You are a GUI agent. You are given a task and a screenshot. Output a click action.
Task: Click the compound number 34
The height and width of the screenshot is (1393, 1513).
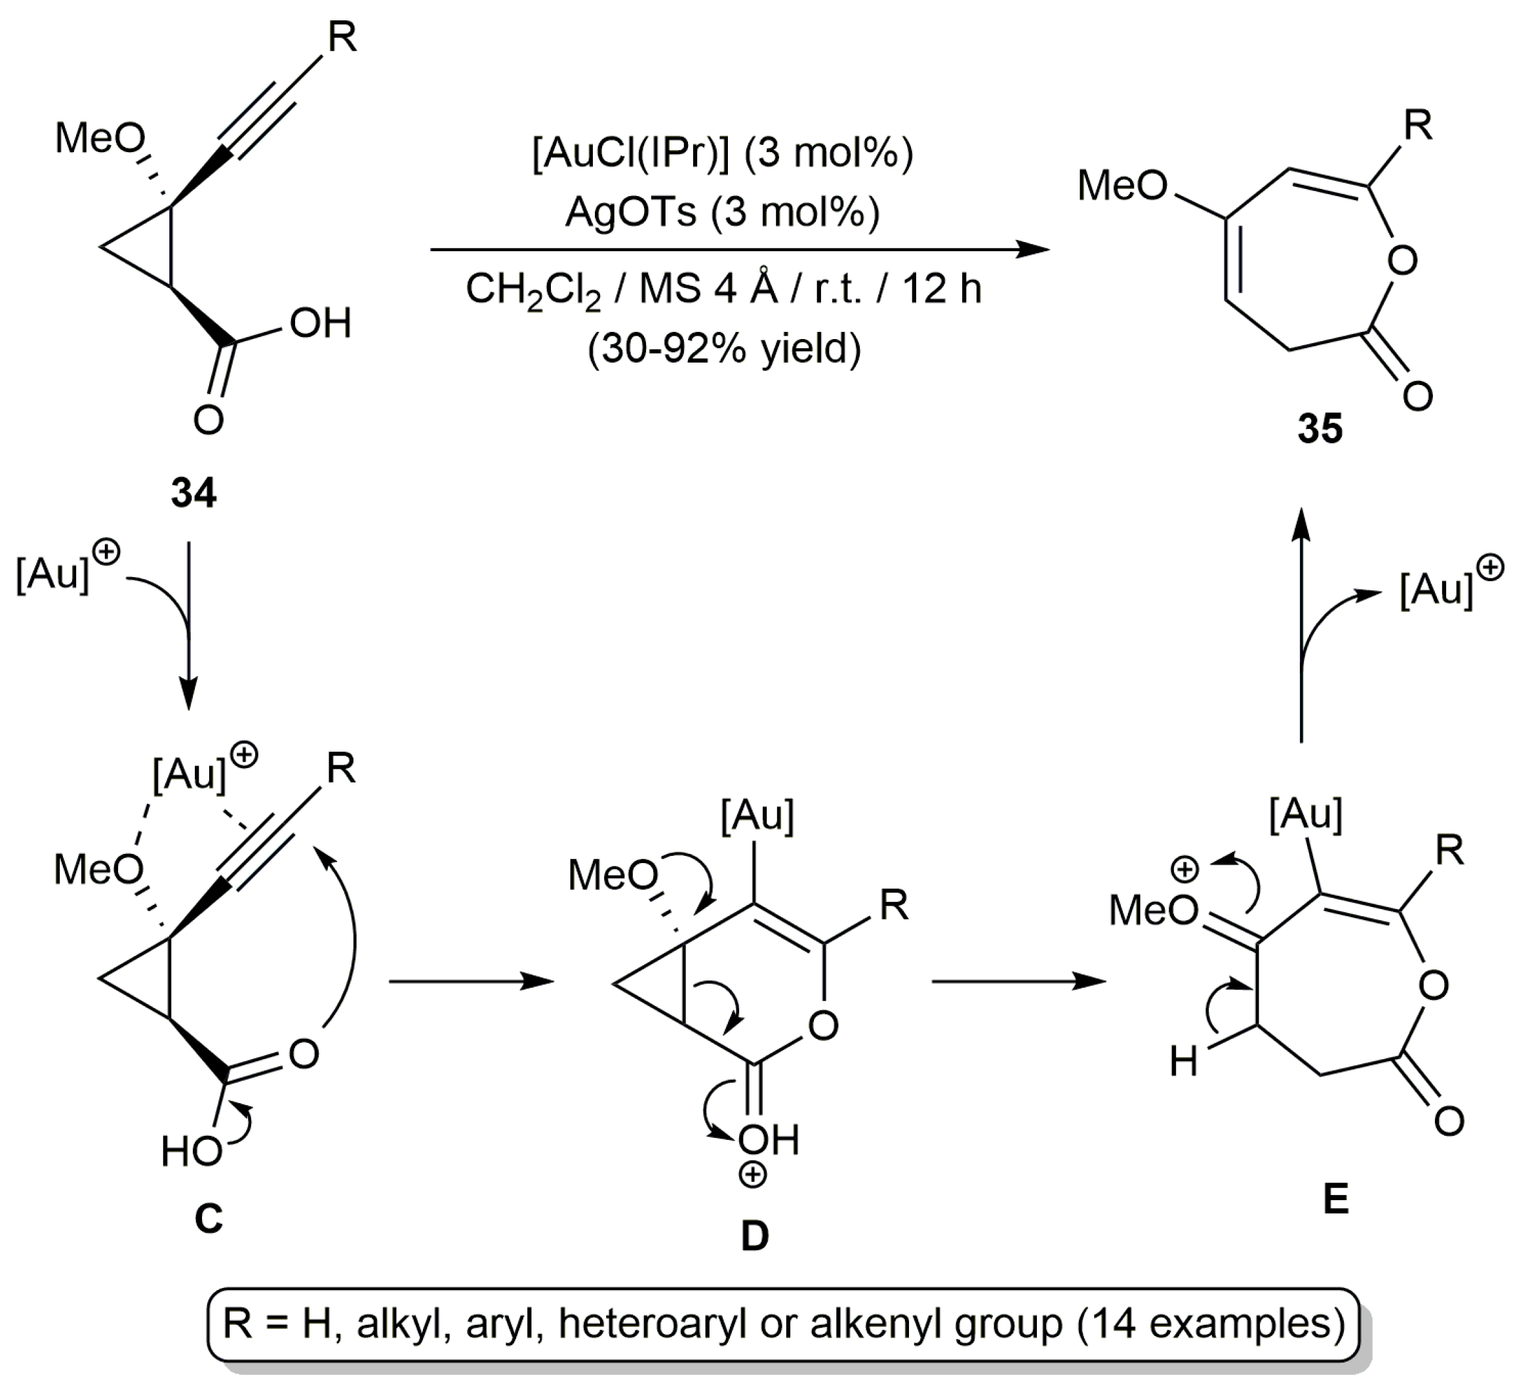[x=193, y=494]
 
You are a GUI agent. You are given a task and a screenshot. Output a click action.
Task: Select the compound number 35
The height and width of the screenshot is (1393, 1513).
[x=1320, y=428]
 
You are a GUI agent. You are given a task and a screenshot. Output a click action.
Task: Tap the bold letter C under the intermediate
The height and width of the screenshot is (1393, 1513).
[x=209, y=1218]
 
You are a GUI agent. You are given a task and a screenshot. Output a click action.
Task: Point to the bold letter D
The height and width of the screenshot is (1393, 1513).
[x=755, y=1236]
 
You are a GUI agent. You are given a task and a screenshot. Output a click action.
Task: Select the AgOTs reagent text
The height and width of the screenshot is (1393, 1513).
[x=630, y=213]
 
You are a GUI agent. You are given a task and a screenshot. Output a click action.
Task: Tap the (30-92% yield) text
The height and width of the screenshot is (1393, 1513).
[x=723, y=349]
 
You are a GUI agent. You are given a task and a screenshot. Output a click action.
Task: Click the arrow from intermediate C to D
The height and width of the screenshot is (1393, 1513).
[x=471, y=981]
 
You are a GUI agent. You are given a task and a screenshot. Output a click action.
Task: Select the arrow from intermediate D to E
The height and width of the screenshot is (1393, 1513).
[x=1019, y=981]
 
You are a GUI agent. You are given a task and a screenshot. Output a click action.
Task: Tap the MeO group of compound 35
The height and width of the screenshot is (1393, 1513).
[x=1121, y=186]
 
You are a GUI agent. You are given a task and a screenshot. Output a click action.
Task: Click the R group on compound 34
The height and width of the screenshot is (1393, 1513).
[x=342, y=37]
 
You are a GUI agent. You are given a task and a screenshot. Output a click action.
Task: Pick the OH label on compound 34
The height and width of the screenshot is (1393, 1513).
[x=321, y=323]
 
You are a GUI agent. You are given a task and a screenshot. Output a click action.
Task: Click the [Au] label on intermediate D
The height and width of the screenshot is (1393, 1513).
[x=757, y=816]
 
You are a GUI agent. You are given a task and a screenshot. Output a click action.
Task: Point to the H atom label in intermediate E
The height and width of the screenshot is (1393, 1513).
[x=1184, y=1063]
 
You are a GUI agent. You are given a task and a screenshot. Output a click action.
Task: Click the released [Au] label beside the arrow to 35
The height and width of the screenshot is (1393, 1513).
[x=1436, y=590]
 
